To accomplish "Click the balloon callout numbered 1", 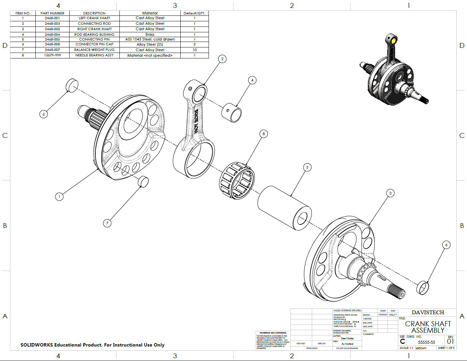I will coord(59,197).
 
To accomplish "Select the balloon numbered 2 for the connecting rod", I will coord(222,59).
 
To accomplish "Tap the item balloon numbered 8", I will coord(264,134).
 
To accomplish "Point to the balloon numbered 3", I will coord(390,193).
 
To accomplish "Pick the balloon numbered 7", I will coord(107,223).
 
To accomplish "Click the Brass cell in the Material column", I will coord(150,34).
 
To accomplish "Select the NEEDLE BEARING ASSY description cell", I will coord(94,55).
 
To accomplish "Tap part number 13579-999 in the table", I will coord(52,55).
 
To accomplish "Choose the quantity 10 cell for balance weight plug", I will coord(194,50).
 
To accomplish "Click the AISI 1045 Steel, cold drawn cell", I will coord(150,40).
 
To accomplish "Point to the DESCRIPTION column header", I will coord(94,13).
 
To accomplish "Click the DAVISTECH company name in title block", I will coord(428,313).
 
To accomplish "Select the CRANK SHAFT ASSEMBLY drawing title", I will coord(428,327).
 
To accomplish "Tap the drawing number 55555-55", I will coord(426,342).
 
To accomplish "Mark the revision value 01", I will coord(450,341).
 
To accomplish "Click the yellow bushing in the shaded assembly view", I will coord(392,40).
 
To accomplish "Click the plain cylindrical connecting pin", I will coord(284,208).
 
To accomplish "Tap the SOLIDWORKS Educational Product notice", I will coord(92,345).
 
